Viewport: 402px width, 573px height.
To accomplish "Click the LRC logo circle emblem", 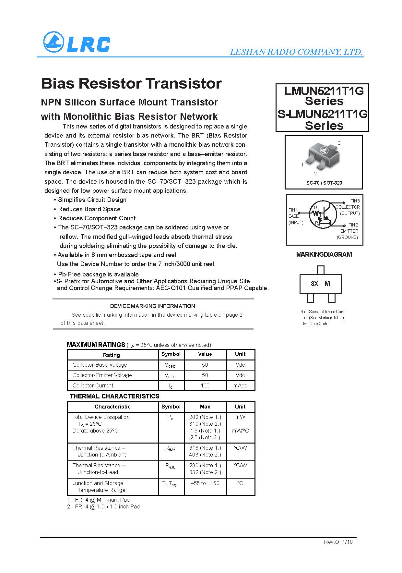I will point(53,42).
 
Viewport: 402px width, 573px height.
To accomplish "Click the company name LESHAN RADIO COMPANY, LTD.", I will point(296,52).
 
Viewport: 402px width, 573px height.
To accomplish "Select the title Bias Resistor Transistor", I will point(132,83).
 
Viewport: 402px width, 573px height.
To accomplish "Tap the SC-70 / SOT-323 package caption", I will point(324,183).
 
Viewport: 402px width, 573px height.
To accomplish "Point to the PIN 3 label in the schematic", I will point(355,201).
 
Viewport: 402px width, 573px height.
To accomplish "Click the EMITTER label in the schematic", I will point(349,231).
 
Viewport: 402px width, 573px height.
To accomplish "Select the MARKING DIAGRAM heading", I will point(324,254).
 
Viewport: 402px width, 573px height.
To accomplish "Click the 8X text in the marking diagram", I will point(314,284).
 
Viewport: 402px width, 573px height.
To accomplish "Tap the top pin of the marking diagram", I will point(321,270).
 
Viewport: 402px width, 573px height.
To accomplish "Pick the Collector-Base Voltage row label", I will point(100,365).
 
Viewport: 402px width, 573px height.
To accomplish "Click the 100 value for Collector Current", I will point(205,385).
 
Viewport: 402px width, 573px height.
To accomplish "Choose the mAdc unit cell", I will point(240,385).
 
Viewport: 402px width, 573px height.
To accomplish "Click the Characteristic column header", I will point(112,407).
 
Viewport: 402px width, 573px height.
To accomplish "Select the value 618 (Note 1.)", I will point(205,448).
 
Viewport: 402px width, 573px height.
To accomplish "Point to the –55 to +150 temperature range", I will point(205,483).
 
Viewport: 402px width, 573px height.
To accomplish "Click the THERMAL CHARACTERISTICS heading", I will point(114,396).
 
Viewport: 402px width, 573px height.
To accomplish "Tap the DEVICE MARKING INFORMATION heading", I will point(153,306).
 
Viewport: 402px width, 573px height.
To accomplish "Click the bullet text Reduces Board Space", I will point(89,209).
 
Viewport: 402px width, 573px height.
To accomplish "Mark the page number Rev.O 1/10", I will point(338,542).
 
